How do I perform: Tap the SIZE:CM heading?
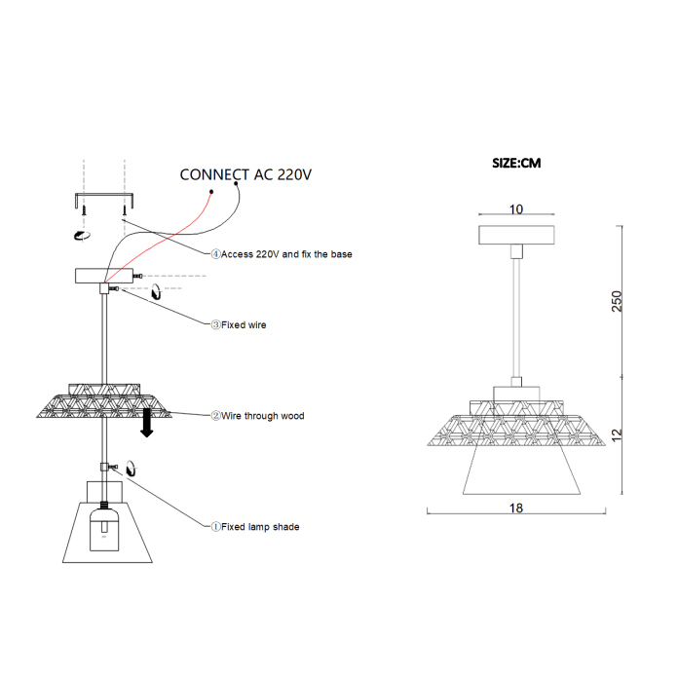click(516, 163)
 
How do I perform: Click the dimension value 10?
click(516, 209)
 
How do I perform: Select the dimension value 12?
click(616, 433)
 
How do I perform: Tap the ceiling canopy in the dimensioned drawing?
click(516, 235)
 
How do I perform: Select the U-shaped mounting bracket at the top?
click(102, 198)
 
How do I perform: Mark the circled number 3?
click(215, 325)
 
